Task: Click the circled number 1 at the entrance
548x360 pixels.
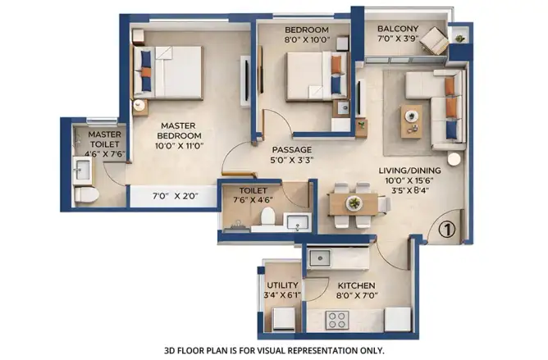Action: (x=446, y=230)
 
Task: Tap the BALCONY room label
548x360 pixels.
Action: (x=398, y=29)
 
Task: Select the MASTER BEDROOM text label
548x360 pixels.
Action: (x=179, y=130)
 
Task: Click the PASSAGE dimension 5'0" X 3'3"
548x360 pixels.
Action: (x=292, y=161)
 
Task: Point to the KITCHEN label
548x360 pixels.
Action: (x=356, y=285)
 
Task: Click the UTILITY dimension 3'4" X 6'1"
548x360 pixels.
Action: (x=282, y=295)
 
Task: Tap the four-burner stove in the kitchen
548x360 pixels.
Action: (x=337, y=320)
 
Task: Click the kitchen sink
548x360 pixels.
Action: (x=319, y=258)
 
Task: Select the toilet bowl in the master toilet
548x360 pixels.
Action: (x=87, y=194)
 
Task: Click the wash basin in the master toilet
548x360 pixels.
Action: (x=83, y=171)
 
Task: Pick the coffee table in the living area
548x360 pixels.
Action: (x=411, y=121)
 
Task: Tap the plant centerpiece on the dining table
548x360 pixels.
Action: (x=354, y=203)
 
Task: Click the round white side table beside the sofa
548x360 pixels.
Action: (x=454, y=159)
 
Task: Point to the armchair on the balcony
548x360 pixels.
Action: (x=434, y=41)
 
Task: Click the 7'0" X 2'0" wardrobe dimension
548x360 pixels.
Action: (x=175, y=196)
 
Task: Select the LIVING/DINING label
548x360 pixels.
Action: (x=409, y=171)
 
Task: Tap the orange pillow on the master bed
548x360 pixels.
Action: (x=146, y=72)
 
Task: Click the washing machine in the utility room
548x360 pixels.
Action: (x=284, y=319)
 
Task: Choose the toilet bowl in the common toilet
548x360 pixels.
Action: (x=268, y=216)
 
